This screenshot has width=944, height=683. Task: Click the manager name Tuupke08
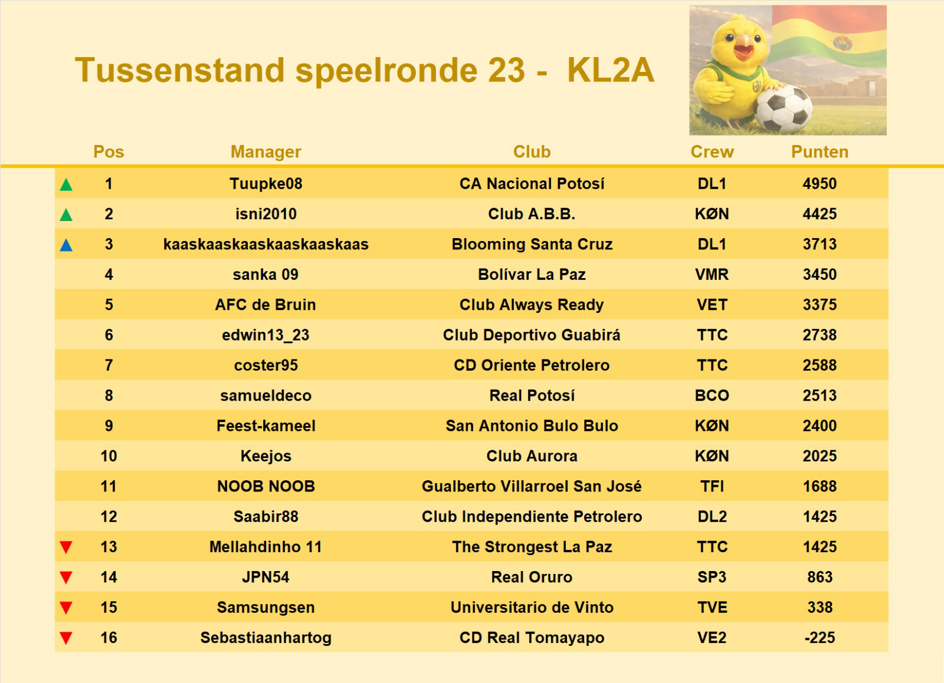coord(265,184)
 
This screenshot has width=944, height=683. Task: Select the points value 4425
coord(820,214)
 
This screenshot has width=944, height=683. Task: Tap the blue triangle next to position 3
coord(66,245)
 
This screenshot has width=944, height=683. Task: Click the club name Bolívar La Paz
coord(532,275)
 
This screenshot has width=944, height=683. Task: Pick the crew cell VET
coord(712,305)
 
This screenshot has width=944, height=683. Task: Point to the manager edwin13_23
coord(265,335)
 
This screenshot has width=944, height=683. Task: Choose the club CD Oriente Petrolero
coord(532,365)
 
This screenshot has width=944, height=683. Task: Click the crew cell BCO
coord(712,395)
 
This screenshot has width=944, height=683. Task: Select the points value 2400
coord(820,426)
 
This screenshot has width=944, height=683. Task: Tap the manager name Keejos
coord(265,456)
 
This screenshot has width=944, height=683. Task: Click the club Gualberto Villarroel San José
coord(532,487)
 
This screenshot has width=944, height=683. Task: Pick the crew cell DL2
coord(712,517)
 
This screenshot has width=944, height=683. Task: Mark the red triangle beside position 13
coord(66,547)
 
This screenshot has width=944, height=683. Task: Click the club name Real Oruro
coord(532,578)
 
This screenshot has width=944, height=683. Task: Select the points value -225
coord(820,638)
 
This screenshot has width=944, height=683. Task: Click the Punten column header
coord(820,152)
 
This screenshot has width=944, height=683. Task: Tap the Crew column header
coord(712,152)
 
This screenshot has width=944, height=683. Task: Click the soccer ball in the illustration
coord(784,110)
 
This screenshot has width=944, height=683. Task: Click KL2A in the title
coord(610,71)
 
